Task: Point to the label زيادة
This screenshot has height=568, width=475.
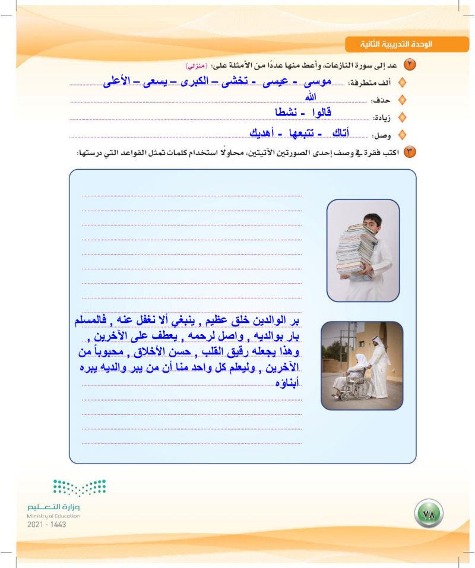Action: [381, 118]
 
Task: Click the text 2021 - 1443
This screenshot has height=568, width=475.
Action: [47, 525]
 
